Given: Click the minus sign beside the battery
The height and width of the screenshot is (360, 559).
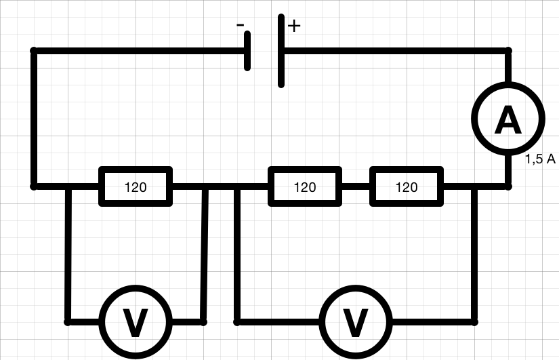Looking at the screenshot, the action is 241,25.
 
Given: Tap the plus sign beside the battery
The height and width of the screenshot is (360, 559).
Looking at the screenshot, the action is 294,26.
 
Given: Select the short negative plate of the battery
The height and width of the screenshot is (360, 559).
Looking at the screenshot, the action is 247,51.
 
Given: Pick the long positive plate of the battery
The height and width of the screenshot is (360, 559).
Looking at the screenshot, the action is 281,51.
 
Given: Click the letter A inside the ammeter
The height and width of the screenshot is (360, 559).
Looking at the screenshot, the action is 508,119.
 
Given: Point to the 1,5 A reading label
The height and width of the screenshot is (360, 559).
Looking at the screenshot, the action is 540,159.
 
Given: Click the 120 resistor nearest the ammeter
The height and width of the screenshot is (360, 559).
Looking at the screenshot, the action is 407,186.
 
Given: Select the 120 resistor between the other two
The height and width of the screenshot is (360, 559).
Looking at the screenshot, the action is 305,186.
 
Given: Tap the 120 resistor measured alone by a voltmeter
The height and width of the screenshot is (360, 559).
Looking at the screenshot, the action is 136,186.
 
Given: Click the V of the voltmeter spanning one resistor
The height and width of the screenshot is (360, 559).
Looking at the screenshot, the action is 135,322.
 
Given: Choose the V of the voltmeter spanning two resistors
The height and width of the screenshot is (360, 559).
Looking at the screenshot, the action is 355,322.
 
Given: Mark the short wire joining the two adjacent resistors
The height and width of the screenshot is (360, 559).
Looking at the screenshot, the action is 356,186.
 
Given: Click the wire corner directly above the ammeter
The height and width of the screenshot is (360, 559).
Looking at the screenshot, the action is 509,51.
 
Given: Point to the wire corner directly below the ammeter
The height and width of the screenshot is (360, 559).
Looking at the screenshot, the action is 509,186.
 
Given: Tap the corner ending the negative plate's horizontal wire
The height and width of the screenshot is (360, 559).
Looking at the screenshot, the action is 34,51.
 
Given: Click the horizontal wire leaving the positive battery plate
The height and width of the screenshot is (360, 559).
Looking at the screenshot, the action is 396,51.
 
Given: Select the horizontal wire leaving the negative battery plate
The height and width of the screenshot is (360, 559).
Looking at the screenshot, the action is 139,51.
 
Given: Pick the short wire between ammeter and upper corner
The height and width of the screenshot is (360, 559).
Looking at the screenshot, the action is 509,66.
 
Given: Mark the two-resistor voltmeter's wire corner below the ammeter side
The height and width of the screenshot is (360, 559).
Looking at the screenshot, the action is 474,322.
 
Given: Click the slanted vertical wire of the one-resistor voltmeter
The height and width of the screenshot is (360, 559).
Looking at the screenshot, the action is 204,254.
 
